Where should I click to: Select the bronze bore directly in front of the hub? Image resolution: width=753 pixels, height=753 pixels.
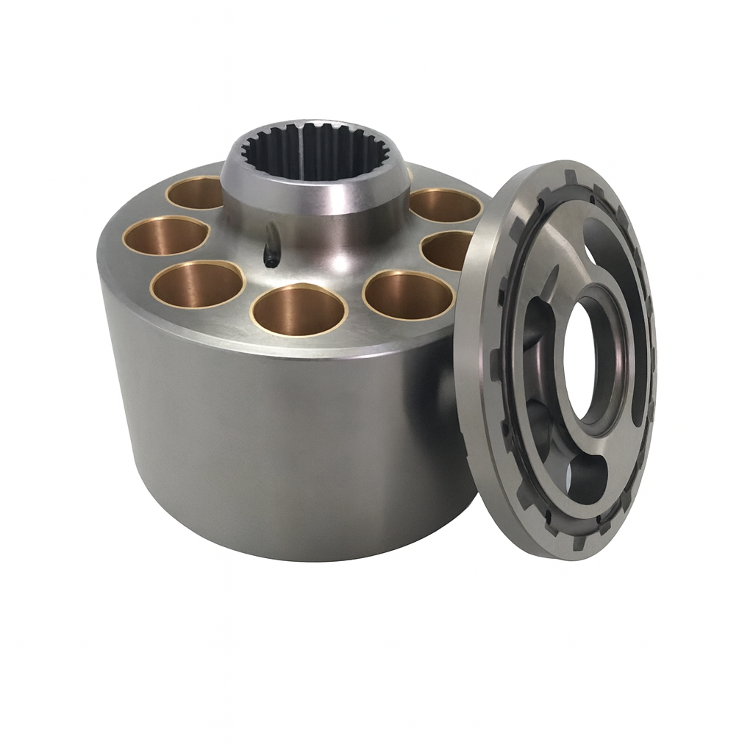point(299,309)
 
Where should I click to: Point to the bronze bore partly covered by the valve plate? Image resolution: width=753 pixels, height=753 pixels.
point(446,250)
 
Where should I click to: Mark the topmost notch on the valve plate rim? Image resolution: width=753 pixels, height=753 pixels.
point(570,177)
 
